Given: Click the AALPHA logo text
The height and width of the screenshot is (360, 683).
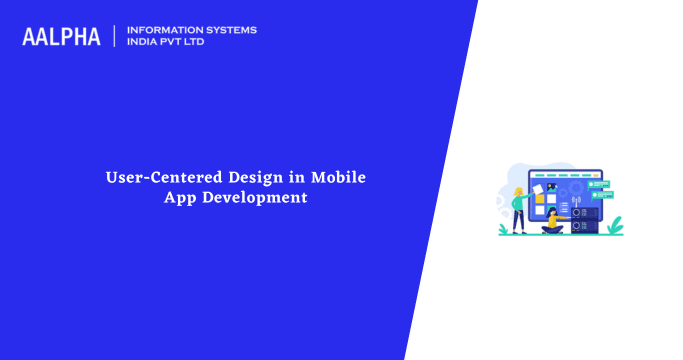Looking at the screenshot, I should click(x=61, y=37).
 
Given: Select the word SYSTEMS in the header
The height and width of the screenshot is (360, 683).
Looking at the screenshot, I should click(x=229, y=30).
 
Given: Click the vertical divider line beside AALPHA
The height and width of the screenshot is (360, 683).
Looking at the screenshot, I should click(x=115, y=36).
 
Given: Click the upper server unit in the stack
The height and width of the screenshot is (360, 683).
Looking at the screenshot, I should click(x=583, y=212).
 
